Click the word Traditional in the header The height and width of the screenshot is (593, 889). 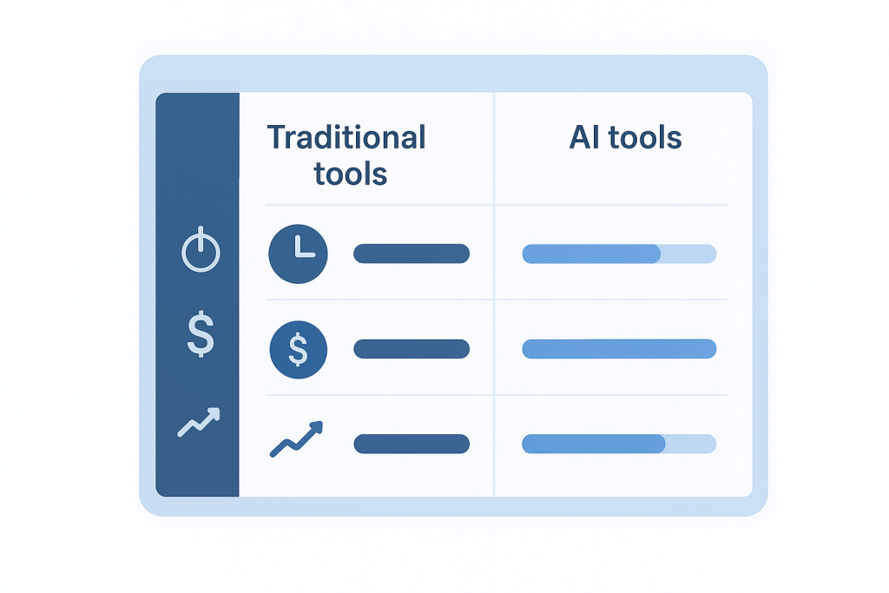[346, 138]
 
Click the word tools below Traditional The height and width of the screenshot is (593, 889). [351, 174]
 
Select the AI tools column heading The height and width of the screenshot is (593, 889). [625, 138]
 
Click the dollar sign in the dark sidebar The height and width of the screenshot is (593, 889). [201, 334]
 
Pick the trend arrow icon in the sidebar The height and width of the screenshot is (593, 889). [199, 422]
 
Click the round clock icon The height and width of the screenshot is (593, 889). [299, 254]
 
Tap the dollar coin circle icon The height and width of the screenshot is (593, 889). [299, 349]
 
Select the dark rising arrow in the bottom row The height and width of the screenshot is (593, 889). [296, 438]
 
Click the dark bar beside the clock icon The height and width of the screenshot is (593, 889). [412, 254]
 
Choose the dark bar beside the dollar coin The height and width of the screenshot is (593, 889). [412, 349]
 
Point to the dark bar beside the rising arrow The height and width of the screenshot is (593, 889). [412, 444]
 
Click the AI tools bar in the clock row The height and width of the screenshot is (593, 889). [619, 254]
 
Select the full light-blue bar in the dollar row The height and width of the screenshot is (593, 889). [619, 349]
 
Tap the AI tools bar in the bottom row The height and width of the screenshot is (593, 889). [619, 444]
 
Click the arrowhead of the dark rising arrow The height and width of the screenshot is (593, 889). [318, 427]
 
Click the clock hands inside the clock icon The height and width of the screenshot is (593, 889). [303, 247]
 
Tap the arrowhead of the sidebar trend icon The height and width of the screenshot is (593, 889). [214, 413]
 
